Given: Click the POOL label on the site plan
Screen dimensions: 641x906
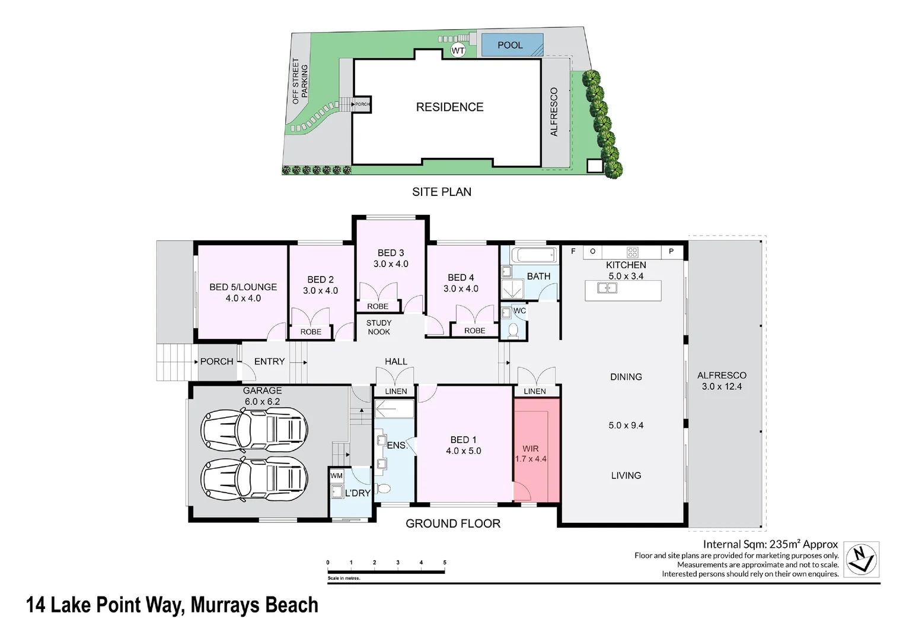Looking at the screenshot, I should tap(510, 45).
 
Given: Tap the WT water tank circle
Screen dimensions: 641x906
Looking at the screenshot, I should tap(458, 51).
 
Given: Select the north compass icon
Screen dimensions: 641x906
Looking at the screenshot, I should tap(861, 559).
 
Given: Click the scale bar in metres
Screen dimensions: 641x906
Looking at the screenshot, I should tap(386, 572).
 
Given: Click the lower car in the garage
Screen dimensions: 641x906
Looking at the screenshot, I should tap(254, 479).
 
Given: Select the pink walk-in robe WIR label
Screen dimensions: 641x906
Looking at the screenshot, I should tap(531, 449).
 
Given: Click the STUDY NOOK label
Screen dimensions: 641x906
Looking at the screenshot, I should tap(379, 328).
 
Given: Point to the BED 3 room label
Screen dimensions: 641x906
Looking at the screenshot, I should tap(391, 253).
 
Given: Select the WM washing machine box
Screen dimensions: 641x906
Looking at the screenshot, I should tap(337, 475).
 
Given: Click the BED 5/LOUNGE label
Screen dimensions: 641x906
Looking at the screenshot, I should tap(243, 287).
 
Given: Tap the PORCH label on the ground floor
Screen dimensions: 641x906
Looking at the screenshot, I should tap(216, 361).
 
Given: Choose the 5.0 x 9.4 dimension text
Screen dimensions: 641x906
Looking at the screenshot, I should tap(626, 426).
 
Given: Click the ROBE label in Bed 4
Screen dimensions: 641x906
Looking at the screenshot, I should tap(474, 331).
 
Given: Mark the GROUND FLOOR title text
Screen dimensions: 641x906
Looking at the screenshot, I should tap(453, 523).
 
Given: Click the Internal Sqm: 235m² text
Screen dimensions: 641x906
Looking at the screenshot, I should tap(770, 544).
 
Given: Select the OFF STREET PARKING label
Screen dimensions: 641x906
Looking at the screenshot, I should tap(300, 81).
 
